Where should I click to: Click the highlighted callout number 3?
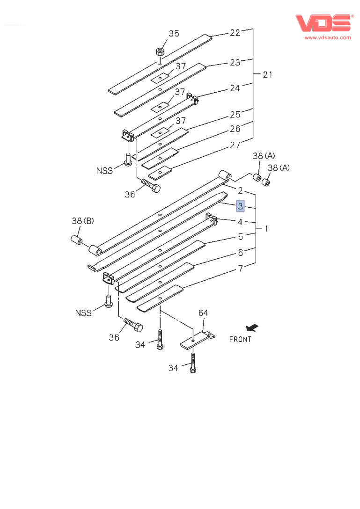coord(240,206)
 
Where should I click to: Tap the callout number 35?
coord(174,33)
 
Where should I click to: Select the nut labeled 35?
coord(160,51)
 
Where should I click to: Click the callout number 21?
coord(267,74)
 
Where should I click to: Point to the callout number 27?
coord(235,145)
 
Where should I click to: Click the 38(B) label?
coord(82,221)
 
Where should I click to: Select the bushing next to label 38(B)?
coord(76,240)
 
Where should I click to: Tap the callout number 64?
coord(203,313)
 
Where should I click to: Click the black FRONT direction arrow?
coord(252,328)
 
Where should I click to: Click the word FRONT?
coord(240,339)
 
